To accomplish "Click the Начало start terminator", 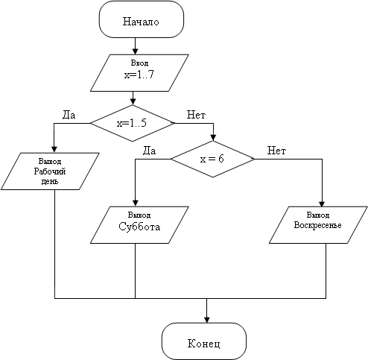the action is point(142,19).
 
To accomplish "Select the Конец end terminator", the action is point(204,341).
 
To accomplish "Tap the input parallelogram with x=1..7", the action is point(139,73).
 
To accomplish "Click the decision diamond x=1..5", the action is point(133,123).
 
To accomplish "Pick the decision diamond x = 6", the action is point(213,159).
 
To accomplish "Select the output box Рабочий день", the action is point(50,171).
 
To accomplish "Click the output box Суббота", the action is point(139,225).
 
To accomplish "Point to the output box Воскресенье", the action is point(318,225).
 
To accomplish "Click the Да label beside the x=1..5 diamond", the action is point(69,115).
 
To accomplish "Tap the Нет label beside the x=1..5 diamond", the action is point(196,115).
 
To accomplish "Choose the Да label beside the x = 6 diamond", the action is point(149,151).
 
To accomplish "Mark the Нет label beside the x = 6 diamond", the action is point(276,151).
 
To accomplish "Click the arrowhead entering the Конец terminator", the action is point(206,320).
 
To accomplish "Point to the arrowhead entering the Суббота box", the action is point(136,203).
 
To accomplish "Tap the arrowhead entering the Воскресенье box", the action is point(322,203).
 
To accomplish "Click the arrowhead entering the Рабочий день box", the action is point(54,150).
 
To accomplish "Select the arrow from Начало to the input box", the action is point(135,46).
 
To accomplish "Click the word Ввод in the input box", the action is point(139,63).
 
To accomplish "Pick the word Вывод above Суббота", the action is point(139,215).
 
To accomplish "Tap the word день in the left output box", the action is point(50,182).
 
